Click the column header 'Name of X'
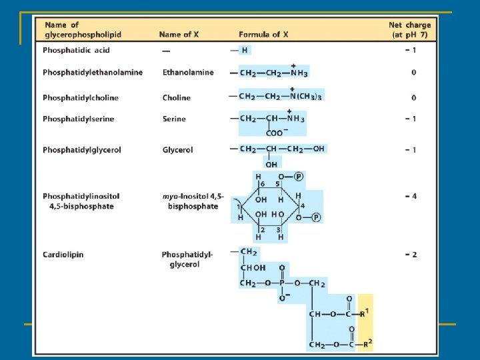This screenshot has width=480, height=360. coord(179,34)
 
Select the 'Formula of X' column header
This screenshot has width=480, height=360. coord(262,34)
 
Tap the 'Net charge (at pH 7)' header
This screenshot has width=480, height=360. coord(409,29)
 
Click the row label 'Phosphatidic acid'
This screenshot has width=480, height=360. coord(77,50)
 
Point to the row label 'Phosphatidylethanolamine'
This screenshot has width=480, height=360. coord(93,72)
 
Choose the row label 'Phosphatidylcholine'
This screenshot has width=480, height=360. coord(81,97)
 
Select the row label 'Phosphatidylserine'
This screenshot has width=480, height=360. coord(78,119)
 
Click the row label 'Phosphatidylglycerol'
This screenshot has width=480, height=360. coord(82,150)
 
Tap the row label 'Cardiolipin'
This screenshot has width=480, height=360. coord(64,254)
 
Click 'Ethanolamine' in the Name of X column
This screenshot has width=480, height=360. coord(188,72)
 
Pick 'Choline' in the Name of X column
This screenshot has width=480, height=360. coord(177,97)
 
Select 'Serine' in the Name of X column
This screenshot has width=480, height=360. coord(174,119)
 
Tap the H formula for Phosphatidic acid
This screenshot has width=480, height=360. coord(244,50)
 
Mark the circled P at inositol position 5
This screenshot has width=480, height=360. coord(299,177)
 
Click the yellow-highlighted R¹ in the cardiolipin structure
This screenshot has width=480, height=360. coord(365,313)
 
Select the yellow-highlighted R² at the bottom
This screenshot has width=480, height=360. coord(365,344)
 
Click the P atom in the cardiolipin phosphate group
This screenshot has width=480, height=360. coord(282,283)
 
